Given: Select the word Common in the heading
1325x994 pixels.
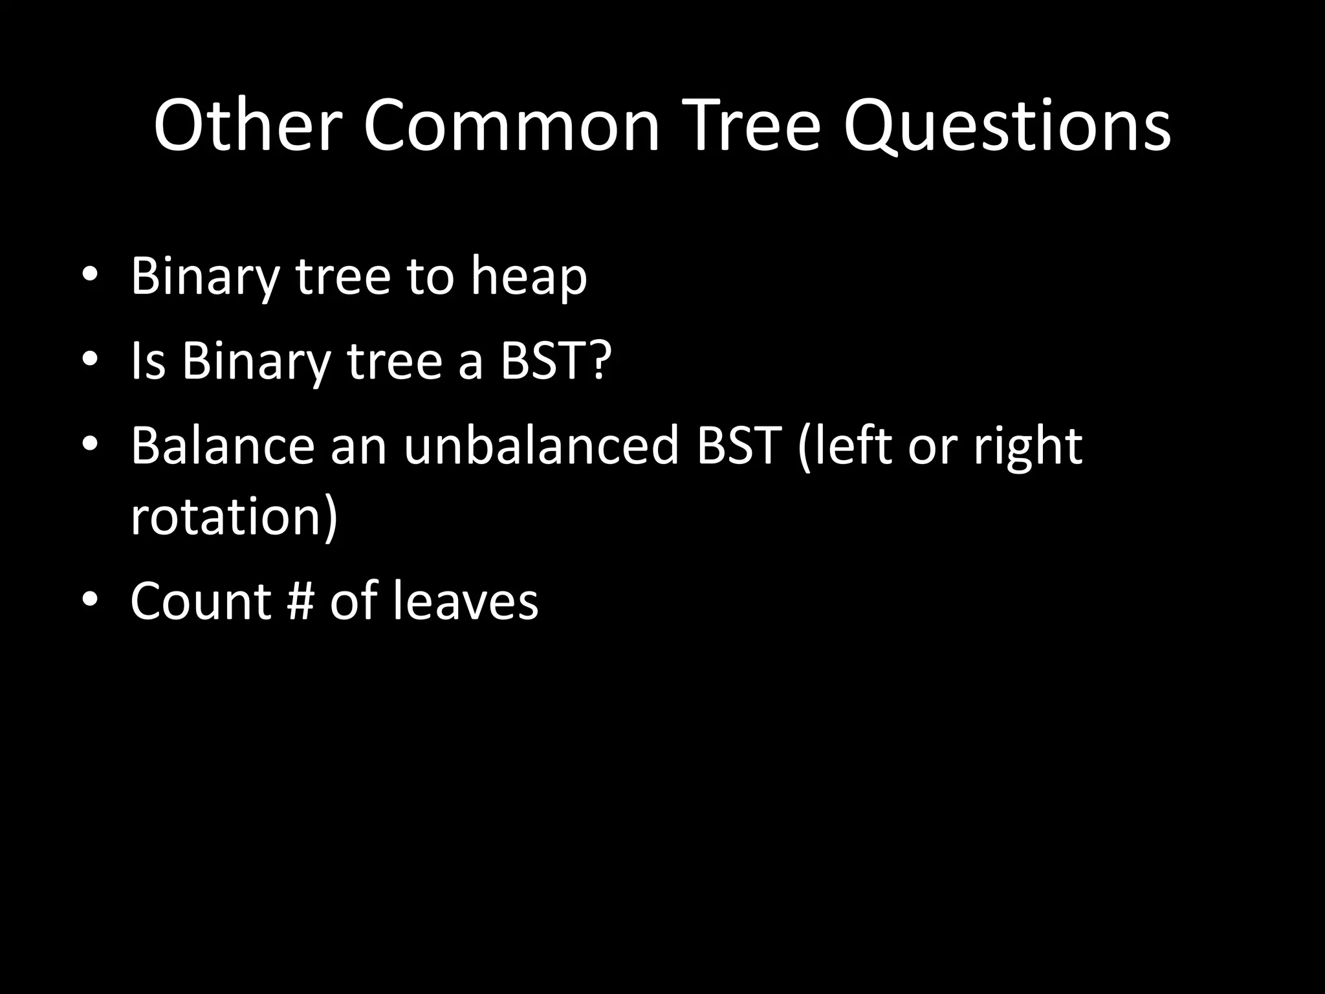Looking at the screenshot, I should pos(511,126).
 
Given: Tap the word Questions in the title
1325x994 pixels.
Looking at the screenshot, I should pos(1006,126).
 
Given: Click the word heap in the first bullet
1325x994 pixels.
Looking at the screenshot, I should pos(529,277).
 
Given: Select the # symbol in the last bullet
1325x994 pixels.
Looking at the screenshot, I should pos(300,601).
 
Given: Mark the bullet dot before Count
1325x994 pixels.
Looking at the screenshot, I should pos(91,598).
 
